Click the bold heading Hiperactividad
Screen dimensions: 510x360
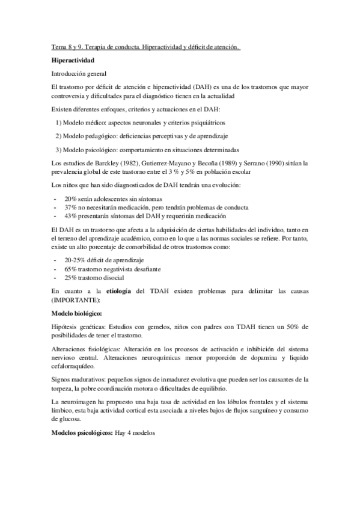pos(73,61)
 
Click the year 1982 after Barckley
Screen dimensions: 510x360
pos(112,163)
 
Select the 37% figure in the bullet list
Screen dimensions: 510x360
pos(71,207)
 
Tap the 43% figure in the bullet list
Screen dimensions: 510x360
pos(71,215)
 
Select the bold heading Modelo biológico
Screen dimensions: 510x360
pos(76,313)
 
